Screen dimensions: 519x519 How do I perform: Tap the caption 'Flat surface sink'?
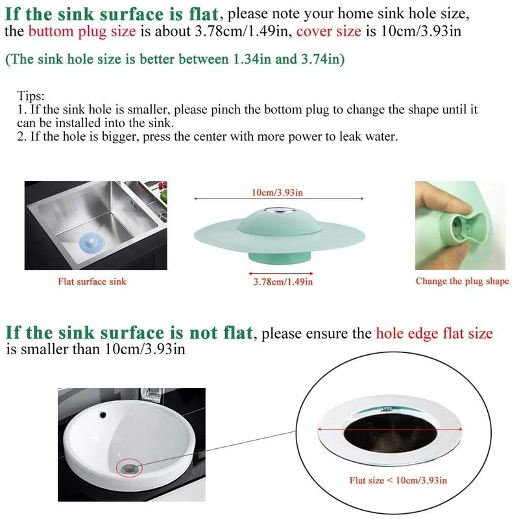pyautogui.click(x=92, y=282)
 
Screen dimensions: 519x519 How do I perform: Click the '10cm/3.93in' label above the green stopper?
pyautogui.click(x=278, y=193)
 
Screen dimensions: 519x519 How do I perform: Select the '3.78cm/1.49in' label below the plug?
pyautogui.click(x=283, y=282)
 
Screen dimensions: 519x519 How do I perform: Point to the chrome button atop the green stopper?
pyautogui.click(x=278, y=210)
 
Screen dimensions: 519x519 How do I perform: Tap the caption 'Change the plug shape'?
pyautogui.click(x=463, y=282)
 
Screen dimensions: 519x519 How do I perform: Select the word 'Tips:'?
pyautogui.click(x=30, y=96)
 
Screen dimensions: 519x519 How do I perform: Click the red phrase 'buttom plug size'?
pyautogui.click(x=82, y=32)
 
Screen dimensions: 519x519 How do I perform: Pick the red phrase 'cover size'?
pyautogui.click(x=329, y=31)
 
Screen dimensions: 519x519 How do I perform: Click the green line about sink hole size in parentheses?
pyautogui.click(x=175, y=59)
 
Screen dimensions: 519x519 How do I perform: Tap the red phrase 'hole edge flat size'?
pyautogui.click(x=434, y=333)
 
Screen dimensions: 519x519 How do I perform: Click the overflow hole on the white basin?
pyautogui.click(x=103, y=415)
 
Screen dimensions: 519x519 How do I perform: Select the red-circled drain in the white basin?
pyautogui.click(x=129, y=468)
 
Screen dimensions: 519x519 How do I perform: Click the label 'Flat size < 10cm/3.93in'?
pyautogui.click(x=398, y=480)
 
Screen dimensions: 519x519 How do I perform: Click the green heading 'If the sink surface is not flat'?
pyautogui.click(x=129, y=332)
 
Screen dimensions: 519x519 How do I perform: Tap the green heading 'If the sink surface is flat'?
pyautogui.click(x=112, y=14)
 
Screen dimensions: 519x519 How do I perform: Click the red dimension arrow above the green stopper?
pyautogui.click(x=279, y=199)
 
